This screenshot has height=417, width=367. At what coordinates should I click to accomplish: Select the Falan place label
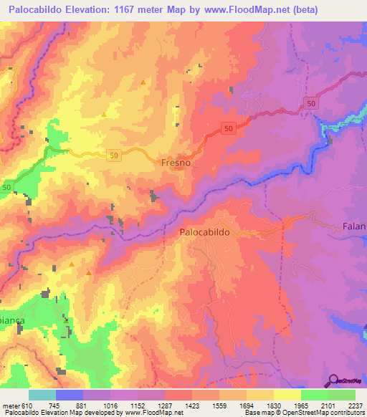354,226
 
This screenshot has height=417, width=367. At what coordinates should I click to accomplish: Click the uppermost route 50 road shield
309,103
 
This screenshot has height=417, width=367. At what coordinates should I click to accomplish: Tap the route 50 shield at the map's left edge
6,187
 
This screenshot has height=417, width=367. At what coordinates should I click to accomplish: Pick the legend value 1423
192,405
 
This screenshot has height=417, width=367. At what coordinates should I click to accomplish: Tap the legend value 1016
110,405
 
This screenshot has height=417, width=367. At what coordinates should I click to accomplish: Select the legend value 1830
274,405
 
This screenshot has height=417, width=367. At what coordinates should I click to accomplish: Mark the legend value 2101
328,405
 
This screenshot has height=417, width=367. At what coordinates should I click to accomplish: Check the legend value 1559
219,405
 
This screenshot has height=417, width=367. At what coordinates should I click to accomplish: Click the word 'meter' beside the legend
10,405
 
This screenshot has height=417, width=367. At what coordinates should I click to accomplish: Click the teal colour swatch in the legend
42,395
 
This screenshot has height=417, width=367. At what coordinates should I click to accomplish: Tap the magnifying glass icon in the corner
333,380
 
